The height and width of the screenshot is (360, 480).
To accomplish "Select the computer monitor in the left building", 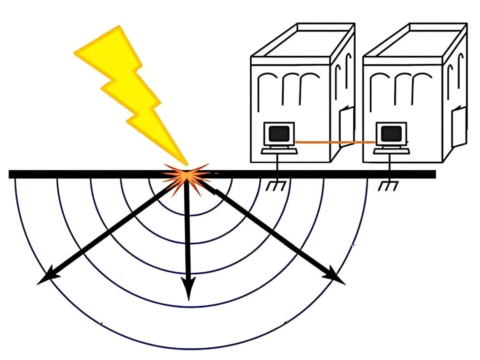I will pyautogui.click(x=279, y=134).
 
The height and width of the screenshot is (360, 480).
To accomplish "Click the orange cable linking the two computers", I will pyautogui.click(x=336, y=142).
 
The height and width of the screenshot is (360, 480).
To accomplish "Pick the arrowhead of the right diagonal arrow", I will pyautogui.click(x=337, y=277).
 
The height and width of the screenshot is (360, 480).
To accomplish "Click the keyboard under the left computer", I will pyautogui.click(x=279, y=150).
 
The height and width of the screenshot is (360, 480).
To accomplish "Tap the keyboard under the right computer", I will pyautogui.click(x=392, y=150).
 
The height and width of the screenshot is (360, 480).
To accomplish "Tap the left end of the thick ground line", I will pyautogui.click(x=11, y=174).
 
